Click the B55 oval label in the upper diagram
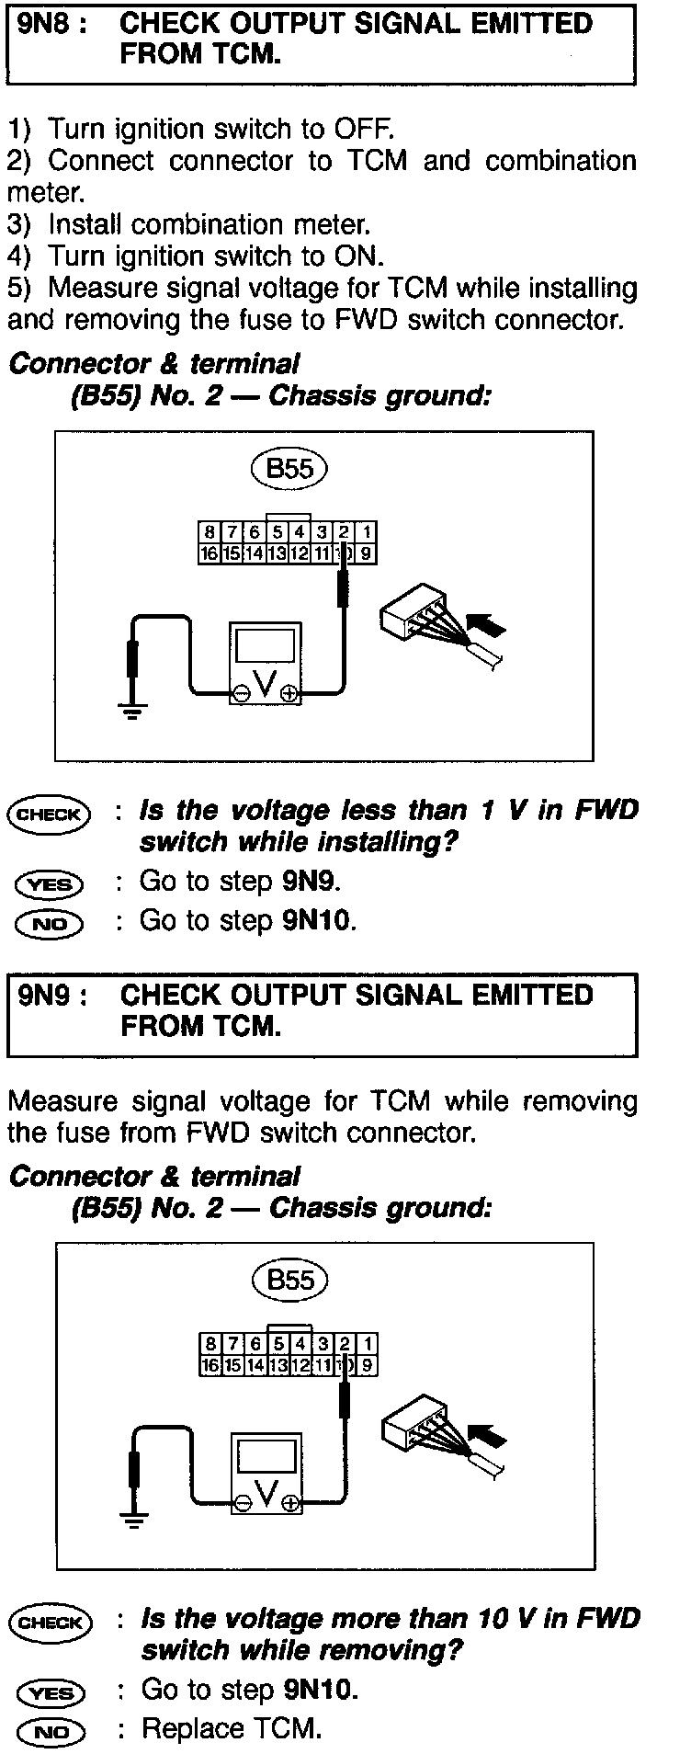pos(289,469)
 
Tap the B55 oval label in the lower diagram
pos(289,1280)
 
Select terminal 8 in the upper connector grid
pos(210,532)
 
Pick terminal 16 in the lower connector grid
pos(210,1365)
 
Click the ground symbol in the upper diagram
pos(133,709)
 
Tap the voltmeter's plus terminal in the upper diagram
pos(289,695)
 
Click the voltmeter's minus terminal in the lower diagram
pos(243,1504)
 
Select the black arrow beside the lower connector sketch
pos(486,1440)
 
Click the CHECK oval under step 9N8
pos(50,814)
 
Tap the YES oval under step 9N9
pos(50,1692)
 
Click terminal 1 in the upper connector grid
pos(366,532)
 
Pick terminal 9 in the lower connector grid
pos(366,1365)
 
